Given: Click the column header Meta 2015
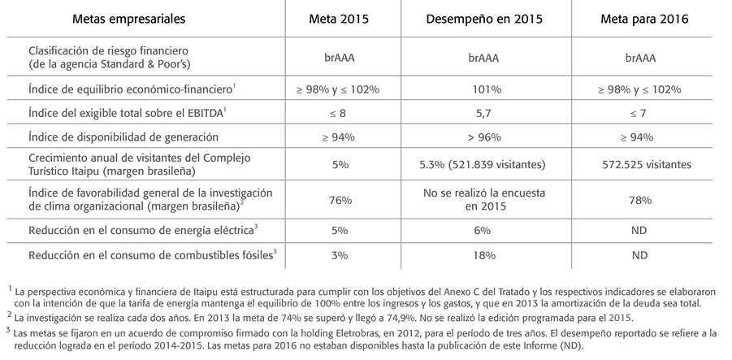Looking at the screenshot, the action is coord(339,19).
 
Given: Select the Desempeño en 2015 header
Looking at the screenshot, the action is coord(484,20).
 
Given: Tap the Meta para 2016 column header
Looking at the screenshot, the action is coord(644,20).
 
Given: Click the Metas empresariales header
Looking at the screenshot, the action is coord(129,20).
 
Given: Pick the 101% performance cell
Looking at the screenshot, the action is coord(486,89).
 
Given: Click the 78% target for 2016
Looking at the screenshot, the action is coord(639,200).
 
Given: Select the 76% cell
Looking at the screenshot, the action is coord(340,200).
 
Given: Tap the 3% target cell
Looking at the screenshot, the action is coord(340,255).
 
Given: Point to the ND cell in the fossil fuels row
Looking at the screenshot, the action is coord(639,255).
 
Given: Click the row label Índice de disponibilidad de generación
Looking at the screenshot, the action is coord(123,137).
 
